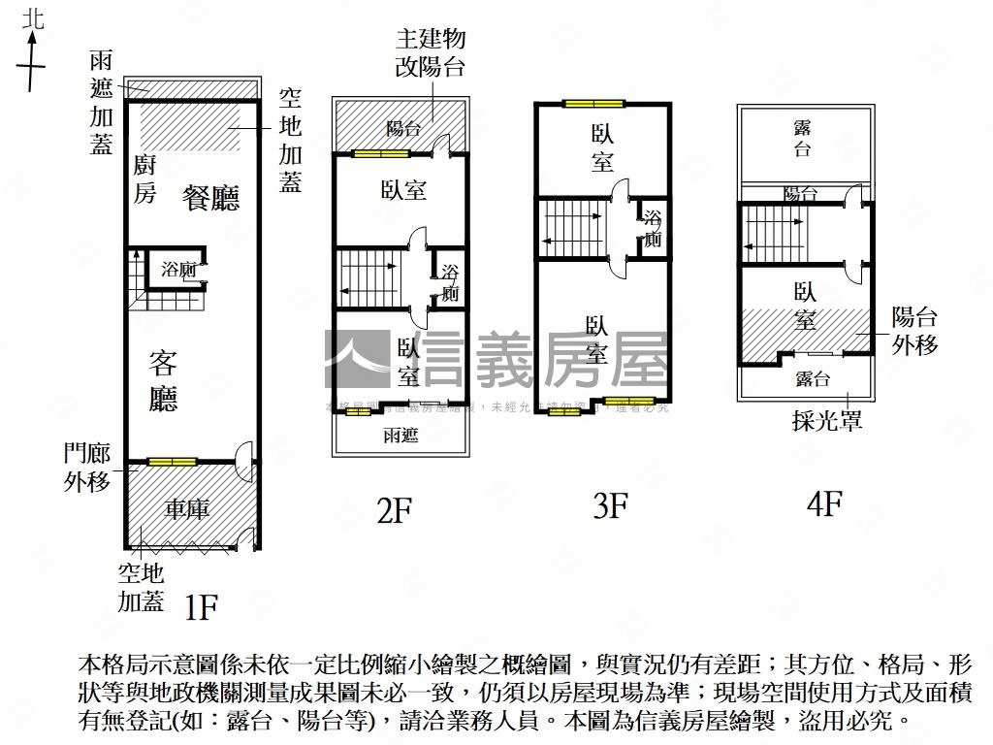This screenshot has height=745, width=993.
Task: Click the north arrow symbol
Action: pos(34,53)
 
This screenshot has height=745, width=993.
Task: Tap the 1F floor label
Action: pos(201,607)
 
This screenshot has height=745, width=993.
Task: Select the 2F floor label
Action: pos(396,509)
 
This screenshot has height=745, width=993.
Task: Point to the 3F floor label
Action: pos(610,505)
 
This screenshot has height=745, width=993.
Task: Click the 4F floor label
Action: pos(823,503)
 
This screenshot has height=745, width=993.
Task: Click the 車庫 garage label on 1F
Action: pos(186,508)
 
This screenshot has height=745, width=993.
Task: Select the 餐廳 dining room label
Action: pos(211,198)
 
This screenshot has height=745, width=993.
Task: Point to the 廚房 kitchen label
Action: pos(144,179)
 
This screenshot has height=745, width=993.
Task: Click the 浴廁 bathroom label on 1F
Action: pos(178,271)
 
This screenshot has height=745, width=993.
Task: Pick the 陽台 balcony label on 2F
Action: pos(402,128)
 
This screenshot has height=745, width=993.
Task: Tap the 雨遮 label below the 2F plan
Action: pos(400,436)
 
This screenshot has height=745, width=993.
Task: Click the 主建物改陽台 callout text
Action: pos(430,52)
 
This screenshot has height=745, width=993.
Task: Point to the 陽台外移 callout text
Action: pos(914,330)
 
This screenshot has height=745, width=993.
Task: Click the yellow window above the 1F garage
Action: pos(172,461)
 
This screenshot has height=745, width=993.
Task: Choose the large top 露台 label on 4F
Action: pos(802,138)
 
